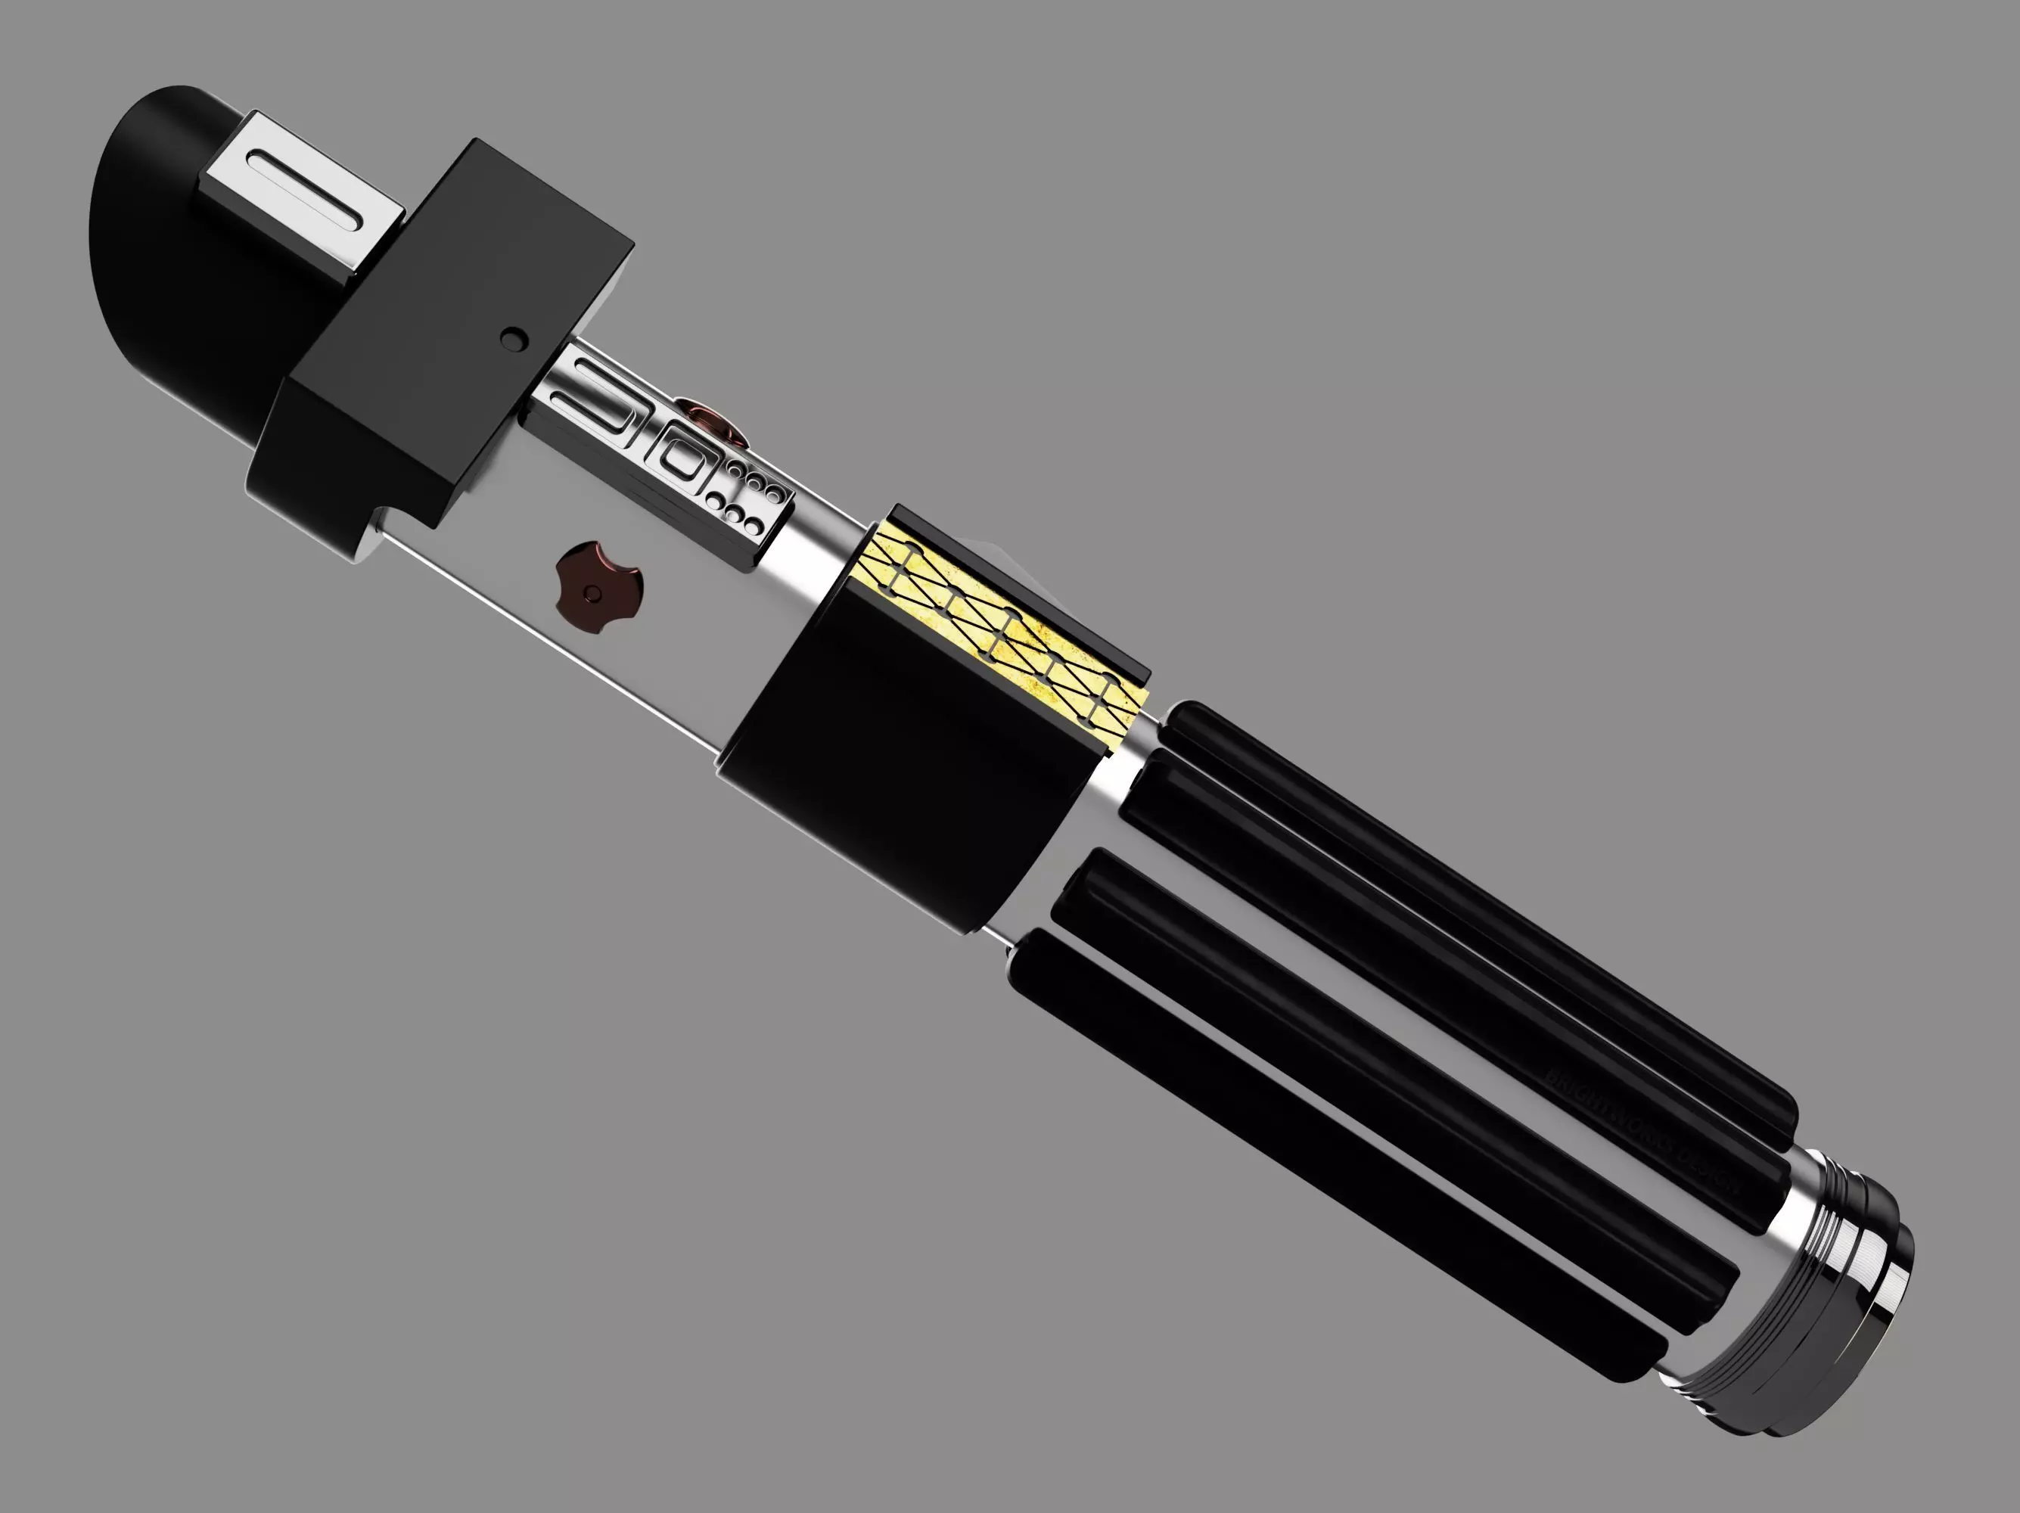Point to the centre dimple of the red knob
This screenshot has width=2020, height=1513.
pos(595,595)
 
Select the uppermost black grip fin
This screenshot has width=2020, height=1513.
pos(1461,904)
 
